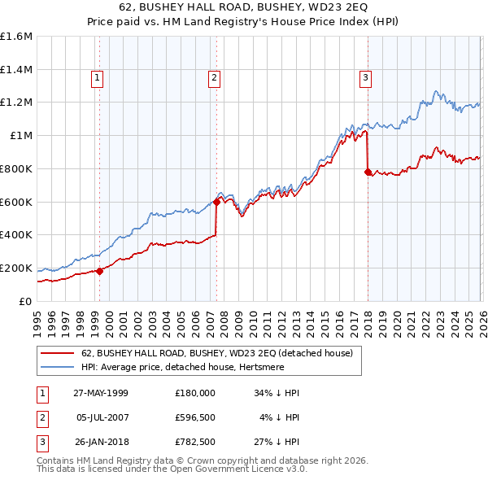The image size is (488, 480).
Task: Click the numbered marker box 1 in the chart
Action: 97,78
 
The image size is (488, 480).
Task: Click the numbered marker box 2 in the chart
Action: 214,78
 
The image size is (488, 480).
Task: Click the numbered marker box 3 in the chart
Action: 365,78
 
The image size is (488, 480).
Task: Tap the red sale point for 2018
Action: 368,172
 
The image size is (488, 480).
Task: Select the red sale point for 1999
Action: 100,271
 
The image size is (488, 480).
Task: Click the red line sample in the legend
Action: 58,353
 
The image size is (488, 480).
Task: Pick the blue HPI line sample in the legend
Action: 58,367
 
